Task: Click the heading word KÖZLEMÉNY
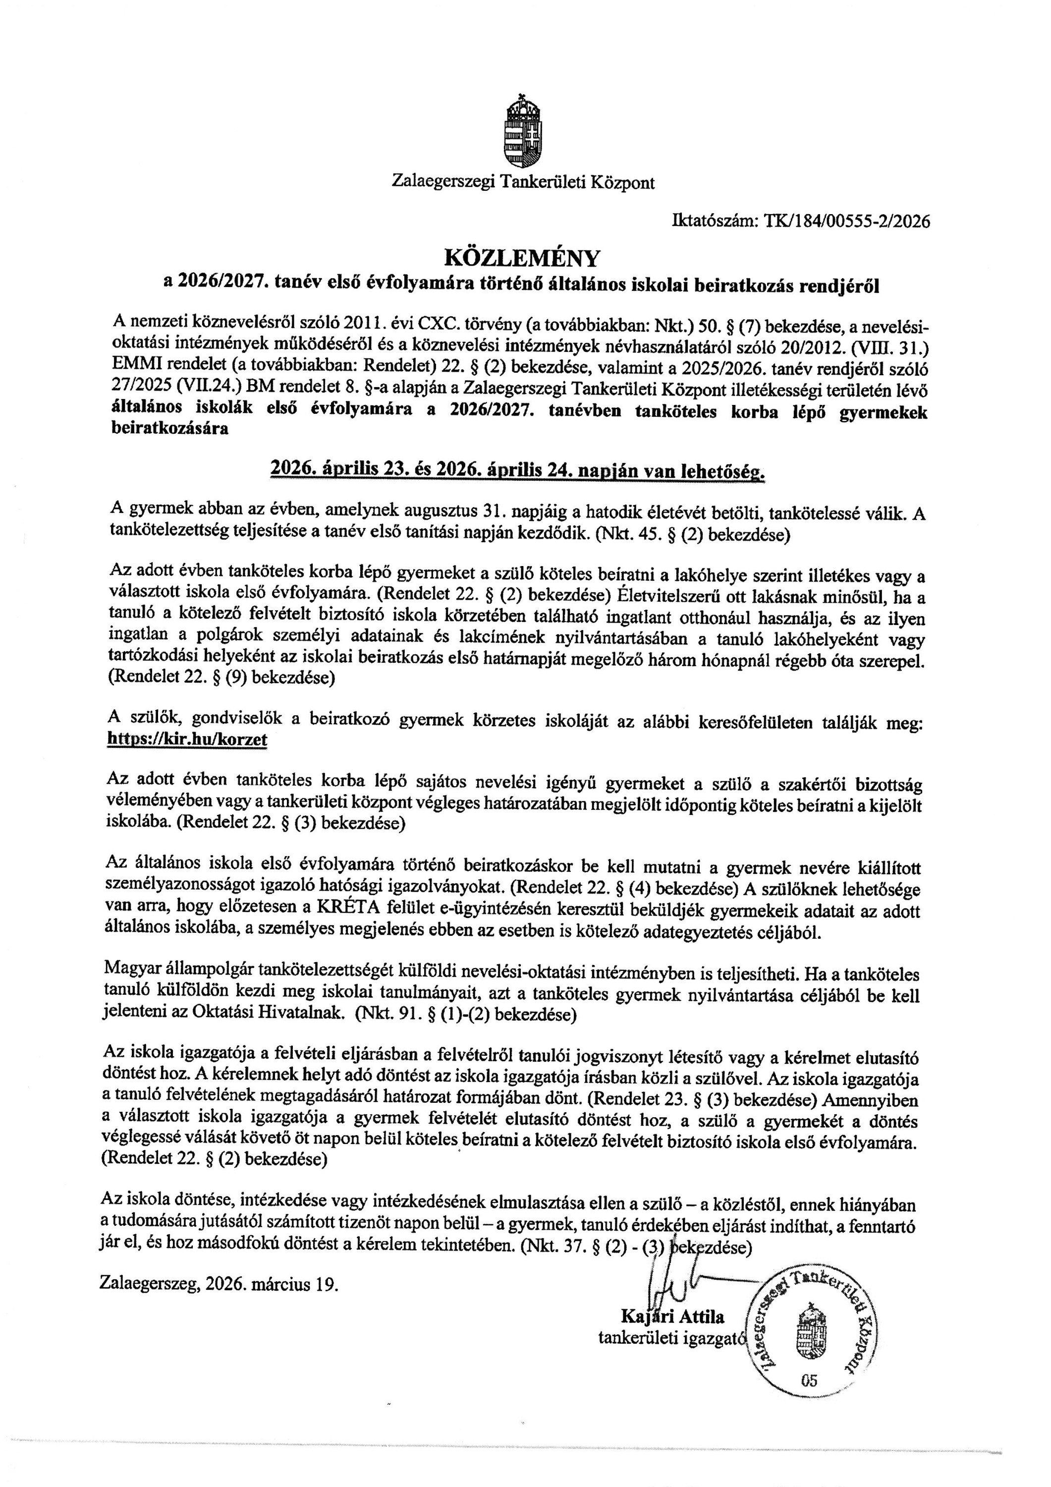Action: point(522,258)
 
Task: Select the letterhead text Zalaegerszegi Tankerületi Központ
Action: point(523,182)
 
